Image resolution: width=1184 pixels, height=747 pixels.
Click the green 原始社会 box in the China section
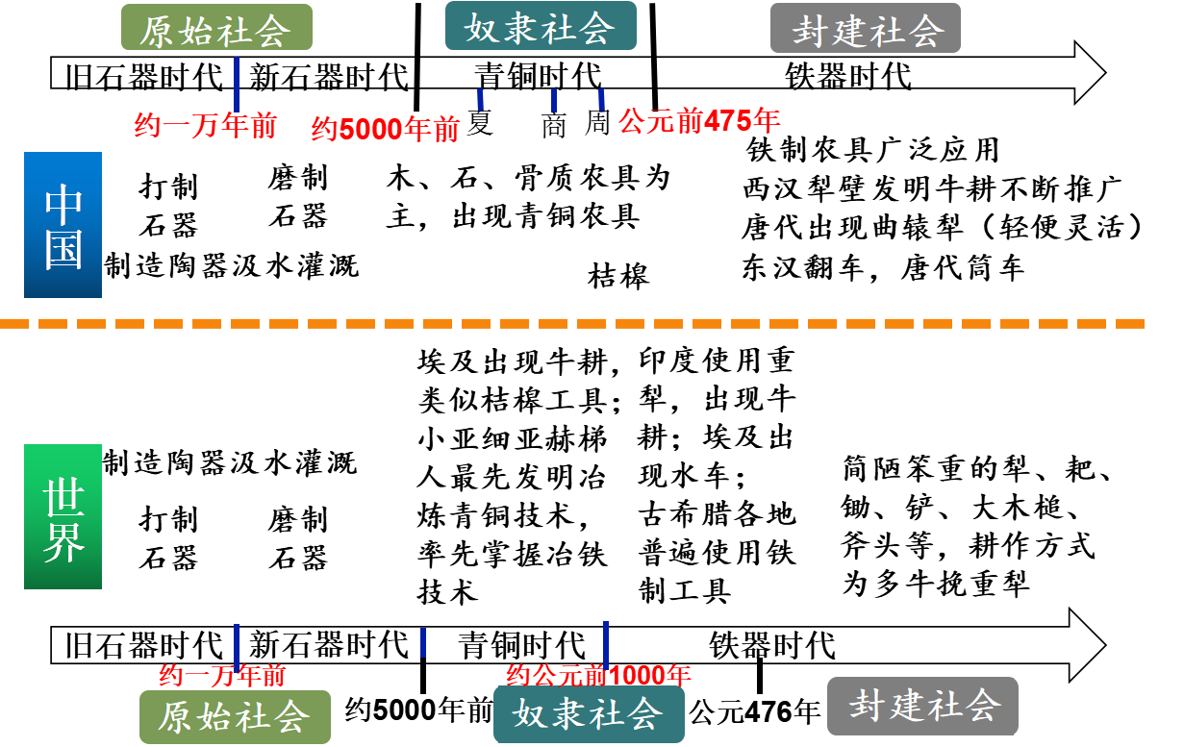pyautogui.click(x=216, y=28)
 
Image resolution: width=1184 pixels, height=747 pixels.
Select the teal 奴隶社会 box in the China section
pyautogui.click(x=541, y=26)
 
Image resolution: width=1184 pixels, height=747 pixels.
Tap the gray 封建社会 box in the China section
pyautogui.click(x=866, y=28)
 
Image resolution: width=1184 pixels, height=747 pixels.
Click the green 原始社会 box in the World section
pyautogui.click(x=235, y=717)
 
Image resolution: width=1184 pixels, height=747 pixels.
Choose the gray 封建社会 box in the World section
pyautogui.click(x=922, y=706)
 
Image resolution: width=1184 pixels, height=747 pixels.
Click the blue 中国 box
pyautogui.click(x=63, y=225)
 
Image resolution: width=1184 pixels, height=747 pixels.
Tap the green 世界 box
pyautogui.click(x=63, y=517)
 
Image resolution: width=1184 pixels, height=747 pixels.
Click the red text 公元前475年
pyautogui.click(x=699, y=122)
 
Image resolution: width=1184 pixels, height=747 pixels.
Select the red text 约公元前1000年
pyautogui.click(x=598, y=675)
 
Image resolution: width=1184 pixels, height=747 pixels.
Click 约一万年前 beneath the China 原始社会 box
pyautogui.click(x=205, y=126)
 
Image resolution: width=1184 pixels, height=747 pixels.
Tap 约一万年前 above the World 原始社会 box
pyautogui.click(x=222, y=675)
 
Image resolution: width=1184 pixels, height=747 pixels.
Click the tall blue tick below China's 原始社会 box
pyautogui.click(x=237, y=85)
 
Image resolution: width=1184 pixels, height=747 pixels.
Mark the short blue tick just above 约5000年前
pyautogui.click(x=480, y=99)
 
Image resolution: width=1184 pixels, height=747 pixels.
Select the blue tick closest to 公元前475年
pyautogui.click(x=601, y=99)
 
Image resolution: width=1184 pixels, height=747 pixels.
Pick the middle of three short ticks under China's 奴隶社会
pyautogui.click(x=554, y=99)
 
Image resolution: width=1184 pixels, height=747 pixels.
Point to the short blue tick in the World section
pyautogui.click(x=423, y=642)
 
